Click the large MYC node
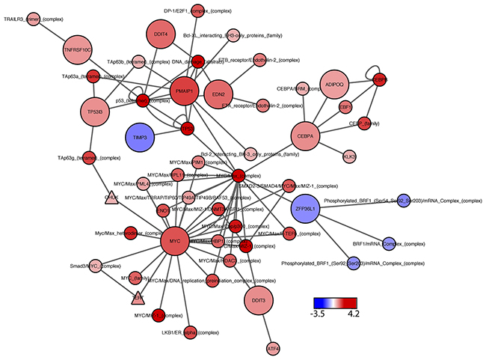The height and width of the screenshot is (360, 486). (174, 241)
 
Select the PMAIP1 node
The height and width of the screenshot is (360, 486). (184, 91)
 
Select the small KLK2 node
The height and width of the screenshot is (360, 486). (349, 156)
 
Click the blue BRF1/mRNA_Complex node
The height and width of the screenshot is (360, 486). (388, 242)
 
